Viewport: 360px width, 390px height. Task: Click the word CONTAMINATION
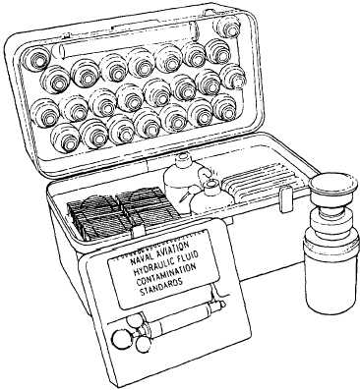166,273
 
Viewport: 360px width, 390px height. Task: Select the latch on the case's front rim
285,199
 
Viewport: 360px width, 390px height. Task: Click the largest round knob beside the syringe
121,337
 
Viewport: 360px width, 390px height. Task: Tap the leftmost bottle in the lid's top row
35,59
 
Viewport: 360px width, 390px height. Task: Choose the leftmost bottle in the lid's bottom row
65,138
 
